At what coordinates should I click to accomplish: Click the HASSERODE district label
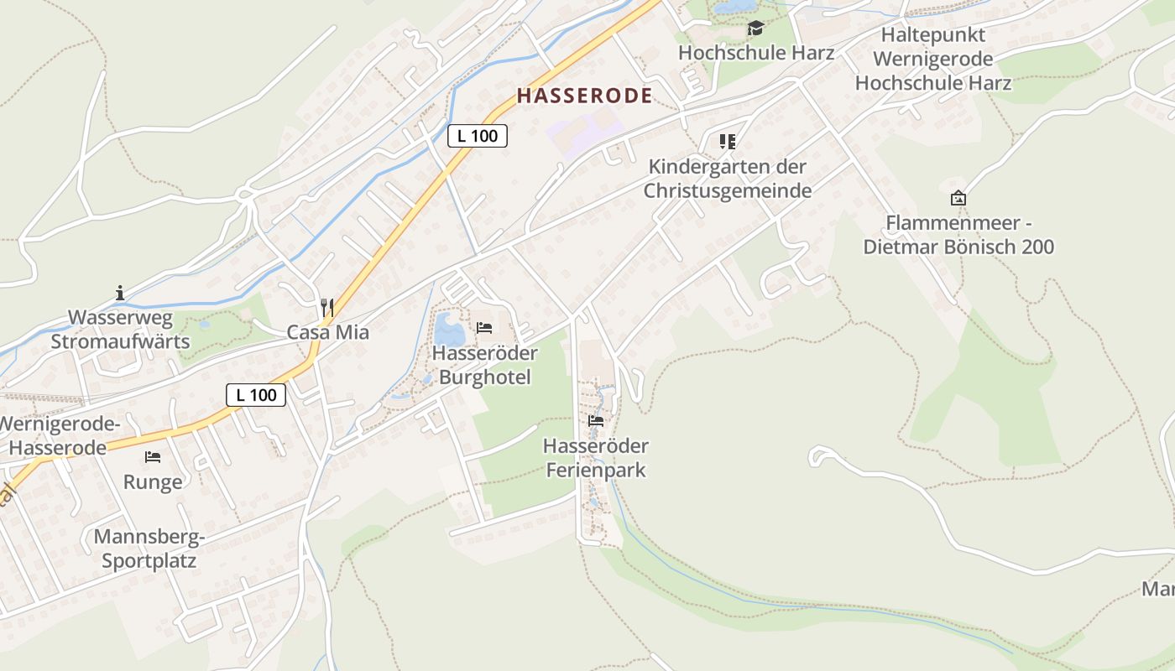[584, 96]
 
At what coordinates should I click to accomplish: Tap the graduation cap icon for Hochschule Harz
[755, 29]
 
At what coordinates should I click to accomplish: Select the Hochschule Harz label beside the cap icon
[755, 53]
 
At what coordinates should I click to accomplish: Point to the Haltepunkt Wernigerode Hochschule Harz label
[932, 60]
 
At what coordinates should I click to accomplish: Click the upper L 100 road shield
[478, 135]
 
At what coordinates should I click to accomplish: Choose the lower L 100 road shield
[256, 395]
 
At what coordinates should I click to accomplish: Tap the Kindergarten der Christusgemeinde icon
[727, 142]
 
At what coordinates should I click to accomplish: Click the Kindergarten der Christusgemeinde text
[728, 179]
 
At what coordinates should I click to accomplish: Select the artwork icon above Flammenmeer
[958, 198]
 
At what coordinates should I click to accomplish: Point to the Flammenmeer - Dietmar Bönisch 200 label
[958, 235]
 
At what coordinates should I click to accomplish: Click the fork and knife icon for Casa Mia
[327, 308]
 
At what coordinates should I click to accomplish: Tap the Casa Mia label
[327, 332]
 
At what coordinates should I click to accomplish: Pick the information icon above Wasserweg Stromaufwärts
[120, 294]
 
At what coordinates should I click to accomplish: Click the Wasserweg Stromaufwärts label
[120, 330]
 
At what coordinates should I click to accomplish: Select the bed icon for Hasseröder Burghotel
[484, 327]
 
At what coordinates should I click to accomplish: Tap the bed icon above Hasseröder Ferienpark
[596, 420]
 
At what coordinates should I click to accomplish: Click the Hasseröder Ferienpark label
[596, 457]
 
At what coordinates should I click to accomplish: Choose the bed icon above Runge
[152, 457]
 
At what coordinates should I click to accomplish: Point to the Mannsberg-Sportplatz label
[149, 549]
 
